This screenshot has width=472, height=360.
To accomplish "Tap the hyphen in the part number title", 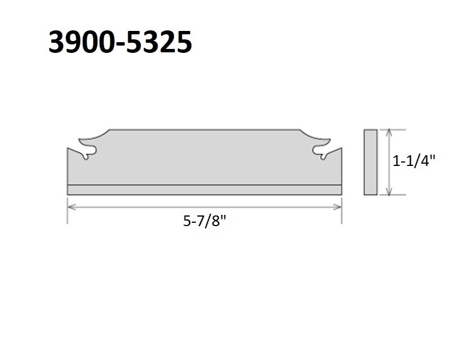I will coord(120,43).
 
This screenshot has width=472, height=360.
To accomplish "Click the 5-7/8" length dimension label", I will coord(204,220).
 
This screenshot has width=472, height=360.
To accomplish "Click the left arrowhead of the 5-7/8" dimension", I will coord(70,207).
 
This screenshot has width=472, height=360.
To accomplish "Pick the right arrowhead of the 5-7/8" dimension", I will coord(339,207).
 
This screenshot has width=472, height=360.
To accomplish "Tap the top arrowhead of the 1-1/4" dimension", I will coord(388,132).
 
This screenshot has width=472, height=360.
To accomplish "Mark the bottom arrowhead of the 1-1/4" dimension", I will coord(388,192).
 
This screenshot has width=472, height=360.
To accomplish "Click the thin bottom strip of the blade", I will coord(204,190).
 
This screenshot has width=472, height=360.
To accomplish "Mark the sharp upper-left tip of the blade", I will coord(68,149).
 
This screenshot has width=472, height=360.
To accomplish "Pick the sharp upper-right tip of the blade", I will coord(341,149).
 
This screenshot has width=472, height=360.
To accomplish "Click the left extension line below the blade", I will coord(68,211).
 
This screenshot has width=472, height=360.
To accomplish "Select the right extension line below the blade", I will coord(341,211).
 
